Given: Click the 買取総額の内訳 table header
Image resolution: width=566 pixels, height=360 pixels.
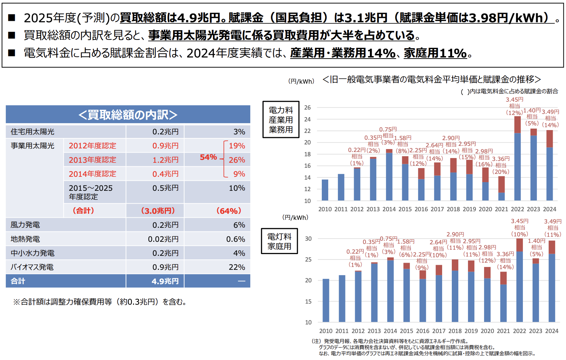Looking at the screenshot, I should [128, 115].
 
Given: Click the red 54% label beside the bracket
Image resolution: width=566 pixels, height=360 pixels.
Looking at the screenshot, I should [208, 157].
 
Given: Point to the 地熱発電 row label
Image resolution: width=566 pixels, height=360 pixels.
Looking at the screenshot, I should [25, 239].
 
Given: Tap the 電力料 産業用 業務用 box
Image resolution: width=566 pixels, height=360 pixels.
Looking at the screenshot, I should [280, 120].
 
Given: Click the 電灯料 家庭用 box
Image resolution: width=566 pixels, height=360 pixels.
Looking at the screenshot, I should [279, 241].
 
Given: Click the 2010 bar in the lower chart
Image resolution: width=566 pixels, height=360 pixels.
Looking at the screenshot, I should [326, 300].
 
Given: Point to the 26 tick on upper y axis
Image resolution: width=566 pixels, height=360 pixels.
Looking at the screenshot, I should [307, 107].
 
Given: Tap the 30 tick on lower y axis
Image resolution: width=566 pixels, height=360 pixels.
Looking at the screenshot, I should [308, 239].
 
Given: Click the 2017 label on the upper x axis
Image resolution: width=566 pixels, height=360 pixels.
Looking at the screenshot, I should [437, 209].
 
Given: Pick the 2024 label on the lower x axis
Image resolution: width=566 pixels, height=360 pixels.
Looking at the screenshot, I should [552, 331].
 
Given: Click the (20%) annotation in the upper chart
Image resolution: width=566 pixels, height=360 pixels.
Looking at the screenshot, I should [501, 172].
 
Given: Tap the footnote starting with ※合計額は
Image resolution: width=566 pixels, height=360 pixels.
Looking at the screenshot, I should [100, 302].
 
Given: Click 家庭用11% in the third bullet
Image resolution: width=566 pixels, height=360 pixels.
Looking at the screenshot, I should [435, 53].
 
